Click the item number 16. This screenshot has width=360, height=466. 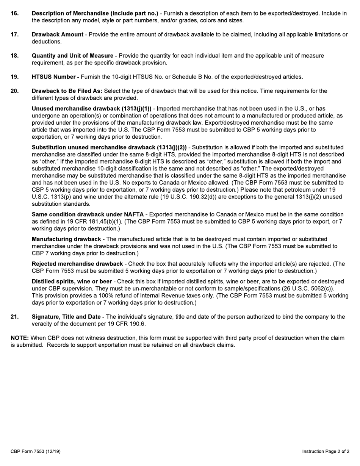14,13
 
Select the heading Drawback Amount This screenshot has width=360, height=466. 57,34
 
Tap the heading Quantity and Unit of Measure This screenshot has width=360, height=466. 72,56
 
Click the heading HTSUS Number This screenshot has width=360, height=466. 53,77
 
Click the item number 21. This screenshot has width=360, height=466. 14,317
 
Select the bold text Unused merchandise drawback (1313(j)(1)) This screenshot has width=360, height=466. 91,109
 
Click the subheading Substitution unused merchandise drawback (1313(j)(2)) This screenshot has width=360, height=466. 109,147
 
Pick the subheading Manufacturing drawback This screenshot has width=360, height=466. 66,239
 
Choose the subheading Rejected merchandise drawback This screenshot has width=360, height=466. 77,264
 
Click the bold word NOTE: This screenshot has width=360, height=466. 20,338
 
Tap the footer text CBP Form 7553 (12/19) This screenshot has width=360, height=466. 36,451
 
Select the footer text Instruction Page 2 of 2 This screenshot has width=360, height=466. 326,451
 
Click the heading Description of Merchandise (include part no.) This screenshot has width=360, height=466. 95,13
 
